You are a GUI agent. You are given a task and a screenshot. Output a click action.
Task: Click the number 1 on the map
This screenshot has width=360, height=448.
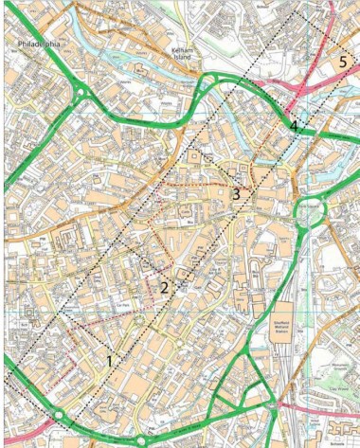[x=110, y=361]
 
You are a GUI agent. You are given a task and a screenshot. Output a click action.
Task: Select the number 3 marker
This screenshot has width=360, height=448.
[x=235, y=194]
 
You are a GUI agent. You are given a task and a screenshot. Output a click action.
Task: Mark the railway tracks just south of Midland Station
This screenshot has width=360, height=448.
[x=284, y=379]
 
